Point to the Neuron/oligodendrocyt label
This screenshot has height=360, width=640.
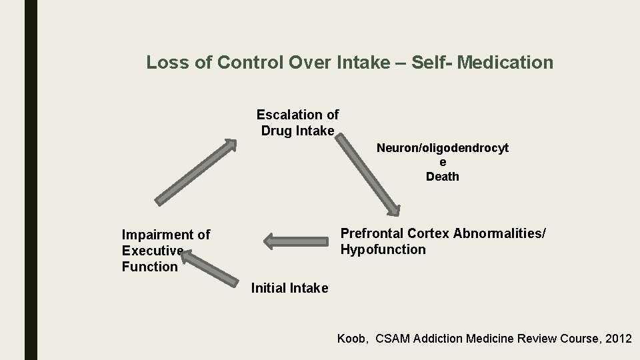(443, 148)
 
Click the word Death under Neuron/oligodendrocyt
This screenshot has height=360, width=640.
(443, 177)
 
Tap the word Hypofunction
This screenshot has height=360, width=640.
(383, 249)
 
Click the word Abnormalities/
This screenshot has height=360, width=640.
(499, 233)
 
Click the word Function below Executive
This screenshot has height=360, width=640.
(150, 267)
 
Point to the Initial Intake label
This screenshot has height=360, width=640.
(289, 288)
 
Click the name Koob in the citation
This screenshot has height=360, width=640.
(351, 339)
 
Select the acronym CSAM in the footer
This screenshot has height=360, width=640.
(393, 339)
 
